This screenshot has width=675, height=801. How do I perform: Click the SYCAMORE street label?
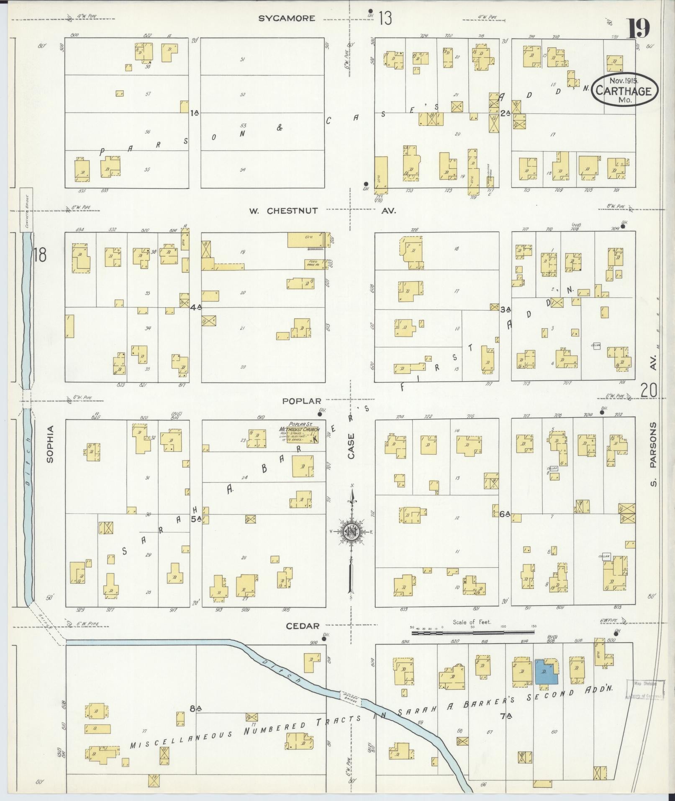[286, 18]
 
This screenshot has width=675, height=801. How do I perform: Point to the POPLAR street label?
[302, 401]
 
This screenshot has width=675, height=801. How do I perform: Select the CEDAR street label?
[303, 626]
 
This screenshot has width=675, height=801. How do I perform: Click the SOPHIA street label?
[51, 444]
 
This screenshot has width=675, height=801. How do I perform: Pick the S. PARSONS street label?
[654, 454]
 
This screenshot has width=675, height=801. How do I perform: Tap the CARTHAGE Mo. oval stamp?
[625, 90]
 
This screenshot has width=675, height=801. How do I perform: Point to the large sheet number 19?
[639, 28]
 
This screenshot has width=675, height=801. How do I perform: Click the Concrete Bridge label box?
[26, 210]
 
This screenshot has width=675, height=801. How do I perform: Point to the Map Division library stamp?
[645, 690]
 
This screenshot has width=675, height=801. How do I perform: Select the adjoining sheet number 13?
[385, 18]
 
